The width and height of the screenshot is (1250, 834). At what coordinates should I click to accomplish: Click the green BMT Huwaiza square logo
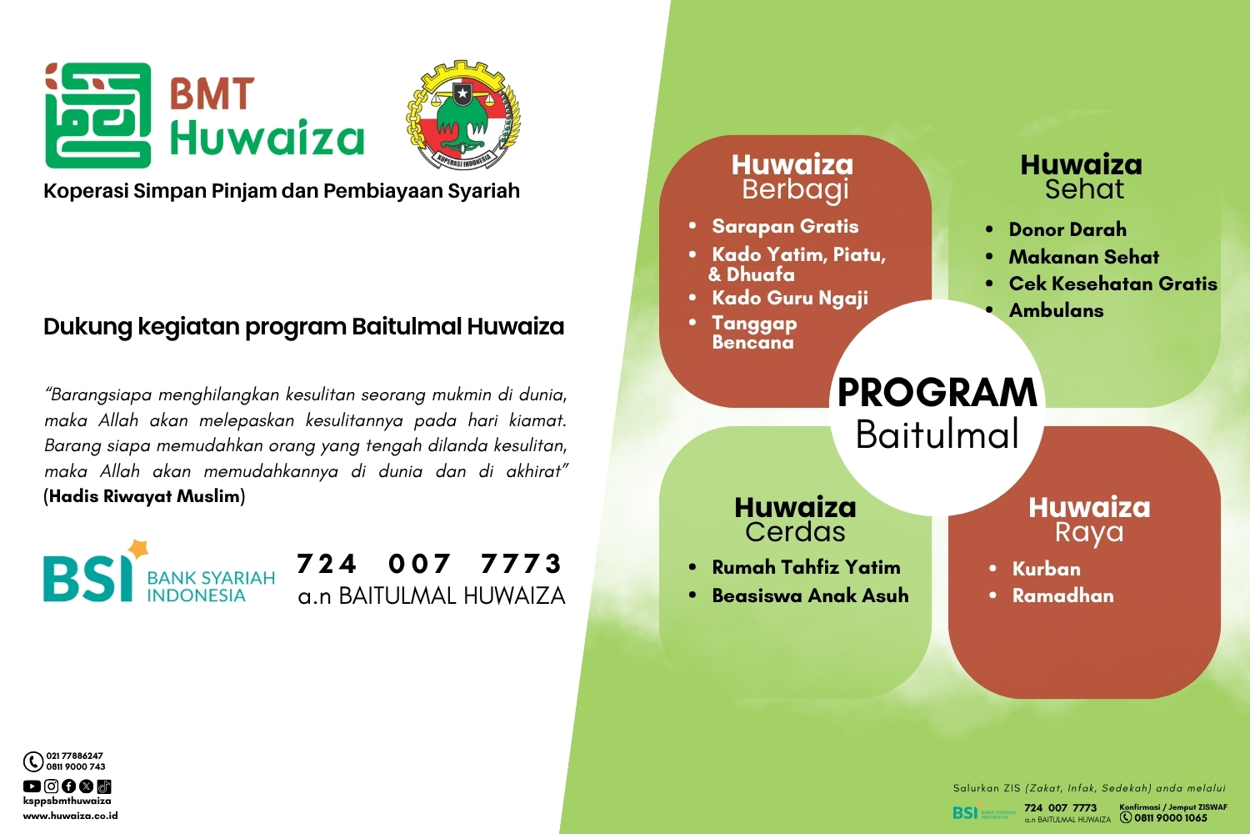point(97,115)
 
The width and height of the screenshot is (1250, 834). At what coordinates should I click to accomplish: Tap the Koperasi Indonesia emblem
point(463,115)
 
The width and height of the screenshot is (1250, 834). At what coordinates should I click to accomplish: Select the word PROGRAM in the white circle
point(937,393)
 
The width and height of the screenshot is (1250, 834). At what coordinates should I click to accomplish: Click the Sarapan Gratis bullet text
point(785,226)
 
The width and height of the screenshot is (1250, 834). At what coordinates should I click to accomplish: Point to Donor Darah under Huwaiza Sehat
point(1067,229)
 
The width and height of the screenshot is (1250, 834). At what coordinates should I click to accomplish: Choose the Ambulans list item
point(1056,310)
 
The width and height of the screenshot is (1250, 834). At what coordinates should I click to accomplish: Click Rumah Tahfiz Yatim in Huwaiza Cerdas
point(806,567)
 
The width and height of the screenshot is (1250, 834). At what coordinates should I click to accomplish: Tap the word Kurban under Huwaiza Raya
point(1046,569)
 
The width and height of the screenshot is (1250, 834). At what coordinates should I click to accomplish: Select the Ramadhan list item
point(1062,595)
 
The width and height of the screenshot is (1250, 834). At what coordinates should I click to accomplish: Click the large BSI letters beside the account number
point(87,577)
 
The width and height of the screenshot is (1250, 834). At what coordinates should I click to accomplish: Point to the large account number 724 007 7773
point(430,564)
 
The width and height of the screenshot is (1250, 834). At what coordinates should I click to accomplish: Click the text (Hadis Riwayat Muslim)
point(144,496)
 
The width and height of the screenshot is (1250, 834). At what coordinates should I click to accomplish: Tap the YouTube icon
point(32,786)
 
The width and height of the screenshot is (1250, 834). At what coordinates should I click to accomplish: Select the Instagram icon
point(51,786)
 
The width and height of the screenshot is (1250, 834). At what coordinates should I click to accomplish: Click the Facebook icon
point(68,786)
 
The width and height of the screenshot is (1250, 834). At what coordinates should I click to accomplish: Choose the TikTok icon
point(104,786)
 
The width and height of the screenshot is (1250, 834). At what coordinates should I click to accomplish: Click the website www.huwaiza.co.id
point(70,816)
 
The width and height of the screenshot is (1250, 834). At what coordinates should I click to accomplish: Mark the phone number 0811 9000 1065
point(1170,818)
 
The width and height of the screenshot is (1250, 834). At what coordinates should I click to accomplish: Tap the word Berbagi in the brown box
point(795,189)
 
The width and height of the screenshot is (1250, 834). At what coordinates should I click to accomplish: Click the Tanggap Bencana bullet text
point(753,332)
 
